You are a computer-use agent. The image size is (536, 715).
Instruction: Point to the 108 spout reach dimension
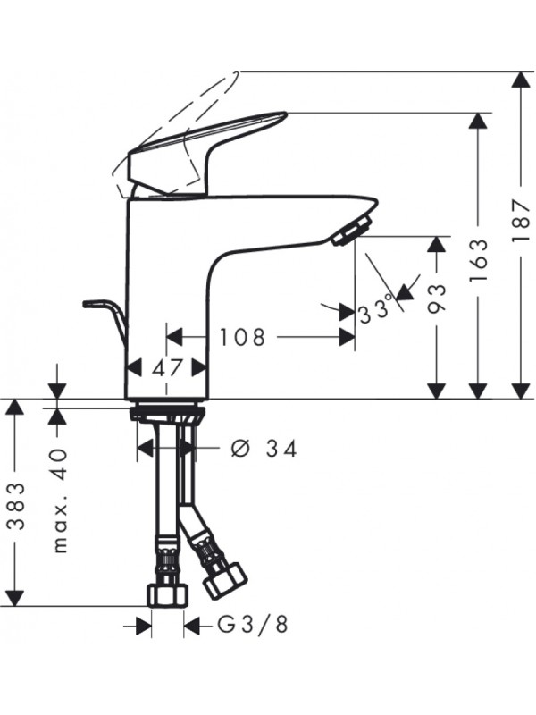[242, 338]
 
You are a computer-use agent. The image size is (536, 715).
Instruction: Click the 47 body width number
[167, 367]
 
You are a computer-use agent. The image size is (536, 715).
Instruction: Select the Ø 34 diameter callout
[264, 449]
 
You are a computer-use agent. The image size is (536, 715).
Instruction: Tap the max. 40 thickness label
[60, 500]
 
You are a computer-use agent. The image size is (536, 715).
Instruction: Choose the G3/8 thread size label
[252, 625]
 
